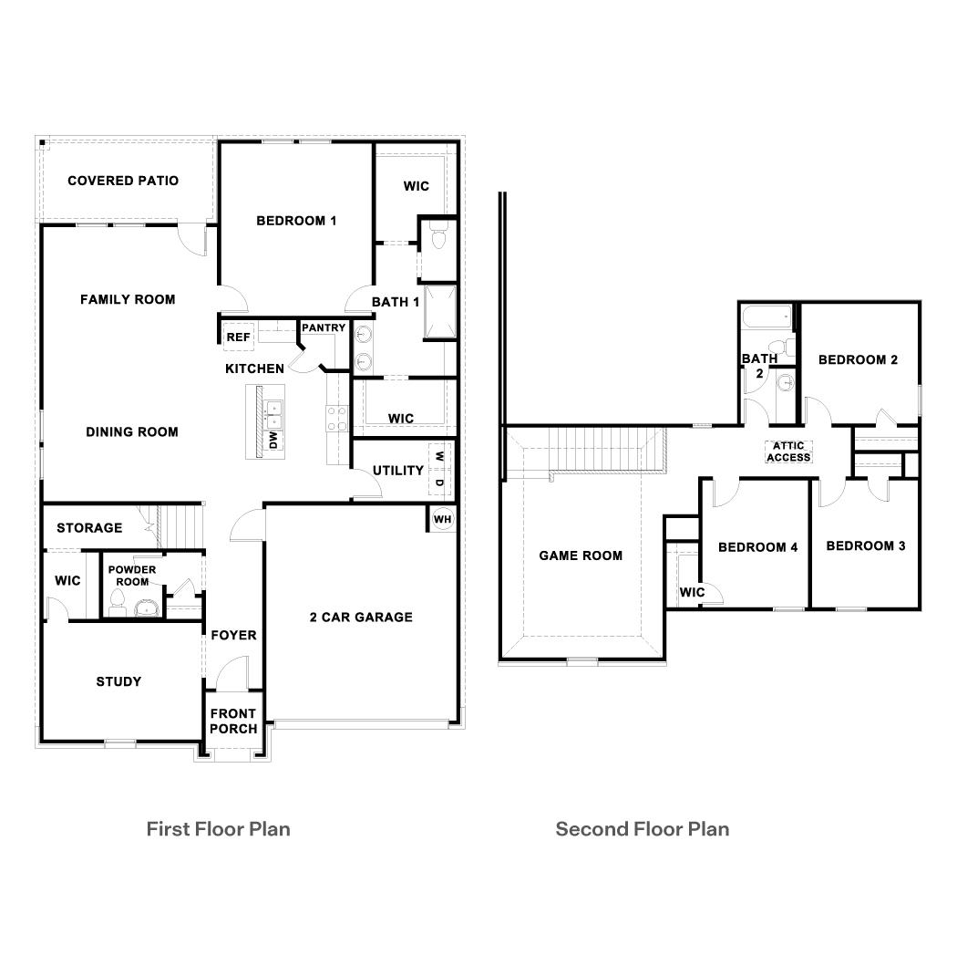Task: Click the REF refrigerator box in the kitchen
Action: pos(238,337)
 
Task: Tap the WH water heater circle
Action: pos(442,519)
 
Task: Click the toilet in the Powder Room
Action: pos(117,598)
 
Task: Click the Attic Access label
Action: pos(788,452)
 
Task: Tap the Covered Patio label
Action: pos(123,181)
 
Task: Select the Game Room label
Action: pos(581,555)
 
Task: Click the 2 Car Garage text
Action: pos(361,618)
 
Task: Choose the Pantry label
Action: pos(324,327)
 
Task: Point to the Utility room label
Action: pos(397,471)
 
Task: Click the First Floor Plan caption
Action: pos(219,829)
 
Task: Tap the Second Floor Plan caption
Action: pos(643,829)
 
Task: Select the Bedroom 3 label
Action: pos(866,546)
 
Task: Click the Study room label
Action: pos(118,681)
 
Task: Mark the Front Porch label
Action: pos(233,721)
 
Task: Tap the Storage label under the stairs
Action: pos(89,528)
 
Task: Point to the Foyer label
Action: pos(233,635)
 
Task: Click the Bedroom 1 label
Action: pos(296,221)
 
